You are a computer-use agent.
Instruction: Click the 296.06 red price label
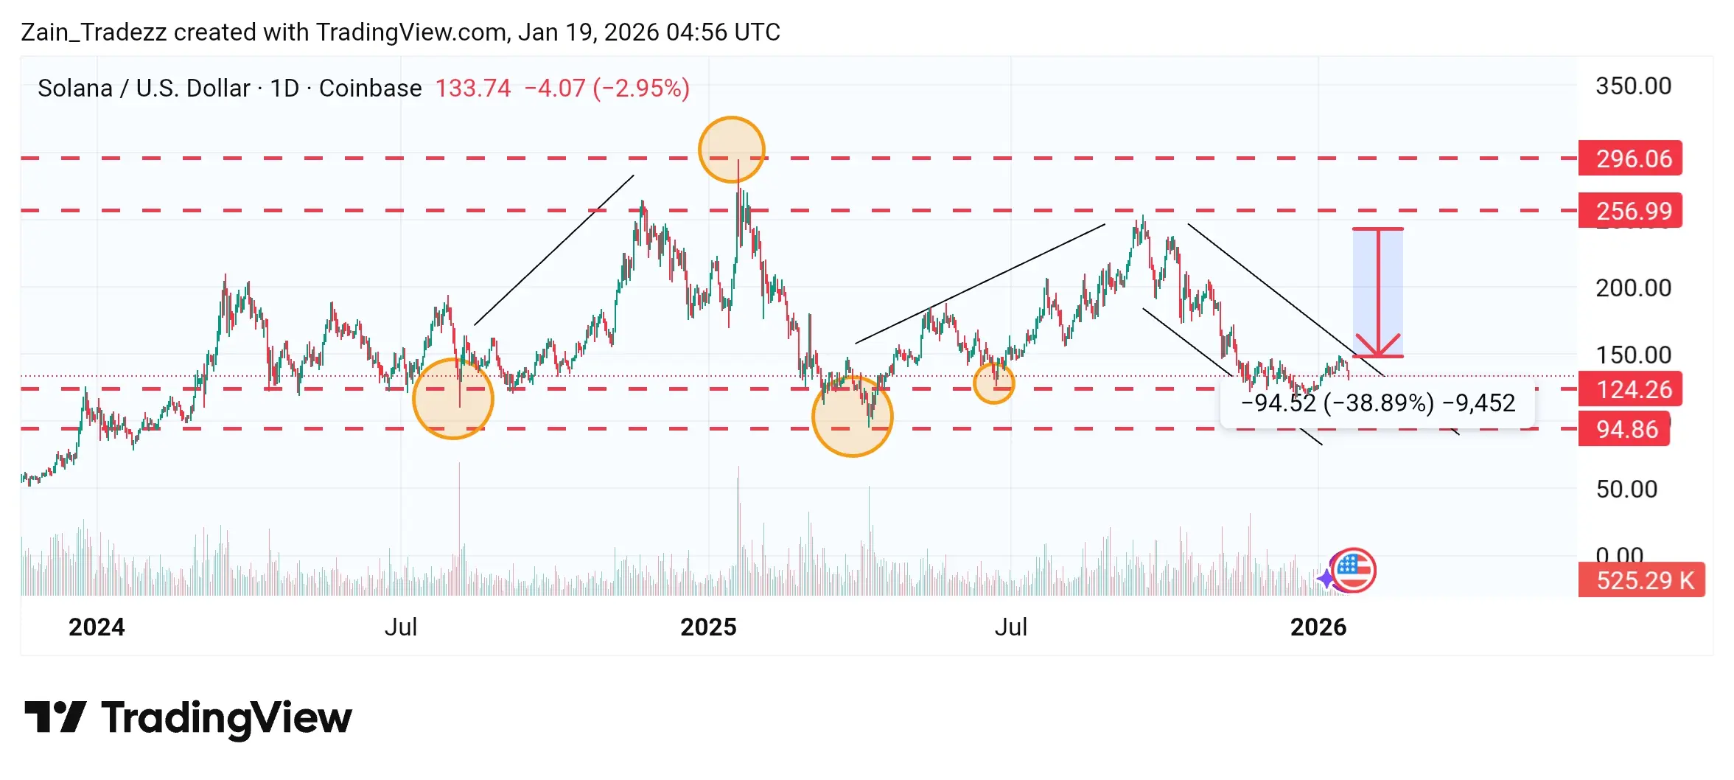pos(1629,159)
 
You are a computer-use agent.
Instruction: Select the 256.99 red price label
pos(1629,211)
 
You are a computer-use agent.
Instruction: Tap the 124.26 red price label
pos(1629,389)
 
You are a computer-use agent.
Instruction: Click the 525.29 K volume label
pos(1641,580)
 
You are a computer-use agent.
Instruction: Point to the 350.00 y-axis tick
pos(1633,86)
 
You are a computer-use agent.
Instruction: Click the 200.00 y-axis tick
pos(1633,288)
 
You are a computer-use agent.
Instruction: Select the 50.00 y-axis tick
pos(1626,489)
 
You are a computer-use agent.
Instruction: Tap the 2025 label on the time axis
pos(708,627)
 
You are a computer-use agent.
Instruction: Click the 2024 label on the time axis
pos(97,627)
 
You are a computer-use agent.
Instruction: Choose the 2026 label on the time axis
pos(1318,627)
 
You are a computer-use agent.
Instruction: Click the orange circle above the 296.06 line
pos(732,150)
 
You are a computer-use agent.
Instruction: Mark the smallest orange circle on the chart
pos(994,383)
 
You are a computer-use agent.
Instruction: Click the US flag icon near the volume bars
pos(1354,570)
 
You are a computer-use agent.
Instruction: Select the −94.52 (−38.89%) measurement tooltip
pos(1377,403)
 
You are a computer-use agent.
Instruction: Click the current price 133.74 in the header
pos(472,88)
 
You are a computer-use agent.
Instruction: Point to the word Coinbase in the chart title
pos(370,88)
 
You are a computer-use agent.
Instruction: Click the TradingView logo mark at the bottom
pos(55,717)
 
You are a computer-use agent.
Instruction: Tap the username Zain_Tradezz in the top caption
pos(94,32)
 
